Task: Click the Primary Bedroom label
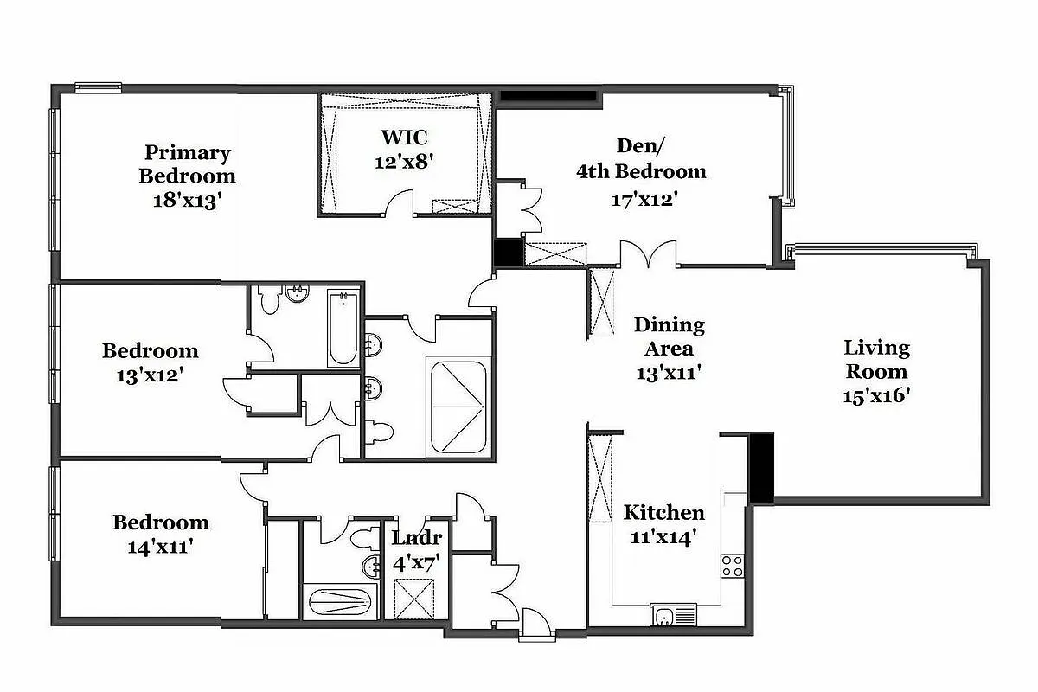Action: pos(188,164)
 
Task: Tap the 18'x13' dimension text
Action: pos(188,198)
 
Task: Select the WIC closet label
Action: pos(403,138)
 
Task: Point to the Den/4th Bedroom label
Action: pos(641,158)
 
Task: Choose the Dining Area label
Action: pos(669,336)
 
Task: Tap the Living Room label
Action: pos(876,360)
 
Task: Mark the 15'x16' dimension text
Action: pos(876,395)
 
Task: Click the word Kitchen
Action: pos(664,512)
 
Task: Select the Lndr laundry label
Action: pos(417,537)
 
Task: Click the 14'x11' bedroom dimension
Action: pos(160,547)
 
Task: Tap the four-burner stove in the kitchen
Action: pos(733,566)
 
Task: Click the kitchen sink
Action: pos(665,616)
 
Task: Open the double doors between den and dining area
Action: pos(648,253)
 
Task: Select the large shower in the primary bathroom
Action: pos(458,407)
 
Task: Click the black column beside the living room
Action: pos(760,468)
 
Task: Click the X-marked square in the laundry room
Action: pos(412,597)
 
